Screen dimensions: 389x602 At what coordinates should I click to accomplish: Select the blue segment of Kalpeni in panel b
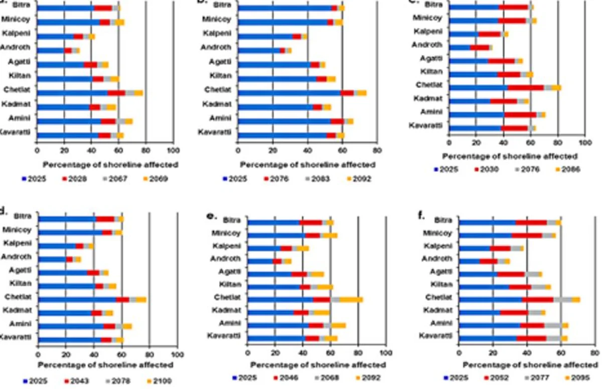point(264,37)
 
